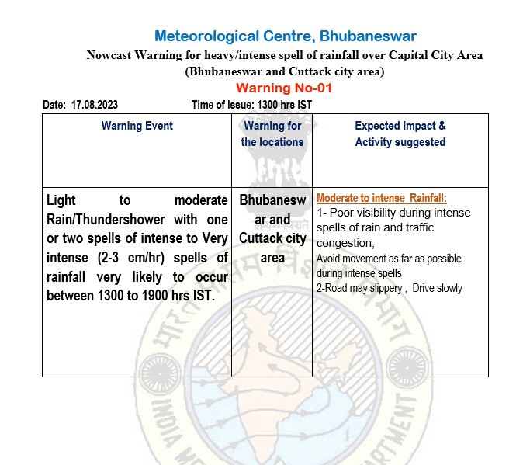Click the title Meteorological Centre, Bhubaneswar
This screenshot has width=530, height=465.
(285, 36)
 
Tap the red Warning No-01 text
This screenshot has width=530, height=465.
(283, 88)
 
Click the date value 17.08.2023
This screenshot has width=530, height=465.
(94, 105)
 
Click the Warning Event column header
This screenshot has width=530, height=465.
(137, 126)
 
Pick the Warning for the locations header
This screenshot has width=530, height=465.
(272, 134)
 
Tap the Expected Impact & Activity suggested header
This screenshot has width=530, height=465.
(400, 134)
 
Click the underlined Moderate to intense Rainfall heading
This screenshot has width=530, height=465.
(382, 198)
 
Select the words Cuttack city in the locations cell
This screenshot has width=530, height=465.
(272, 238)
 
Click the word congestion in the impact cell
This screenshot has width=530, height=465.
(345, 243)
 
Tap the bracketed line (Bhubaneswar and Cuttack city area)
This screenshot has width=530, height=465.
(284, 71)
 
